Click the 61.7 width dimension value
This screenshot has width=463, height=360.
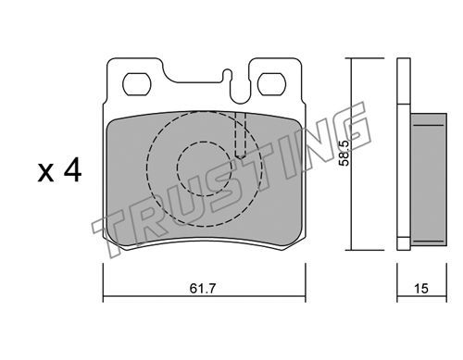point(202,289)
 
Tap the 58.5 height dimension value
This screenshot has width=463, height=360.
point(344,154)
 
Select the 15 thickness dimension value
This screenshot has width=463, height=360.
point(421,289)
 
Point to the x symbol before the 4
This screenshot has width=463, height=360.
point(45,173)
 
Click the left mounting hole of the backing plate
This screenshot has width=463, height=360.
point(136,84)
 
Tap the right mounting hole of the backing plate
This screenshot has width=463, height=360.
point(271,84)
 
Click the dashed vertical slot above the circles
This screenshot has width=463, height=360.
point(241,135)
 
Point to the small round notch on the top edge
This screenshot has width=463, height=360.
point(228,73)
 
